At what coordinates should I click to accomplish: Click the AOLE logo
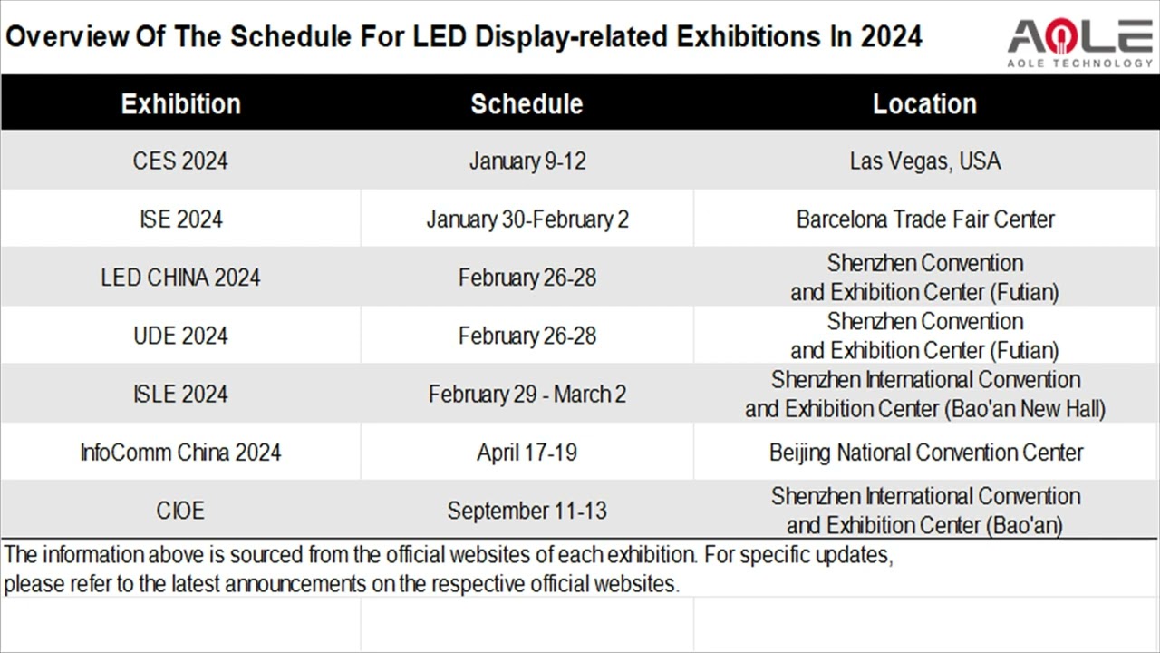pyautogui.click(x=1080, y=41)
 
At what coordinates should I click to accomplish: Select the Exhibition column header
pyautogui.click(x=181, y=103)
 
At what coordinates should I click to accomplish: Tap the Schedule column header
pyautogui.click(x=527, y=103)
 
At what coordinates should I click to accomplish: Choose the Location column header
pyautogui.click(x=924, y=103)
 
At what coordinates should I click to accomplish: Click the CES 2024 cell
pyautogui.click(x=180, y=161)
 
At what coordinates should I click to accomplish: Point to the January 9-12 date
pyautogui.click(x=527, y=161)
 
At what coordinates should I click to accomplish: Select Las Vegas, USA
pyautogui.click(x=925, y=161)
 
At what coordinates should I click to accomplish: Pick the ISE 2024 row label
pyautogui.click(x=180, y=219)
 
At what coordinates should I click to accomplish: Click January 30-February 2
pyautogui.click(x=527, y=219)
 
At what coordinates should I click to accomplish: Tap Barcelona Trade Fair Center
pyautogui.click(x=925, y=219)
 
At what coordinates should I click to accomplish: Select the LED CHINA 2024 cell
pyautogui.click(x=180, y=278)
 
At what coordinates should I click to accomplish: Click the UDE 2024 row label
pyautogui.click(x=180, y=336)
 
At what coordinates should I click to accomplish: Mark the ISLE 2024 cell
pyautogui.click(x=180, y=394)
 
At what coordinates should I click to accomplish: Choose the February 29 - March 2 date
pyautogui.click(x=527, y=394)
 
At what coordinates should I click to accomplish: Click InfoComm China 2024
pyautogui.click(x=180, y=452)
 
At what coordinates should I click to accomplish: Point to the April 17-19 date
pyautogui.click(x=527, y=452)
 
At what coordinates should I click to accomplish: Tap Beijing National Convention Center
pyautogui.click(x=925, y=452)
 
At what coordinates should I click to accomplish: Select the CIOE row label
pyautogui.click(x=180, y=511)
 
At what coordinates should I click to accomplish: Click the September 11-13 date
pyautogui.click(x=527, y=511)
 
